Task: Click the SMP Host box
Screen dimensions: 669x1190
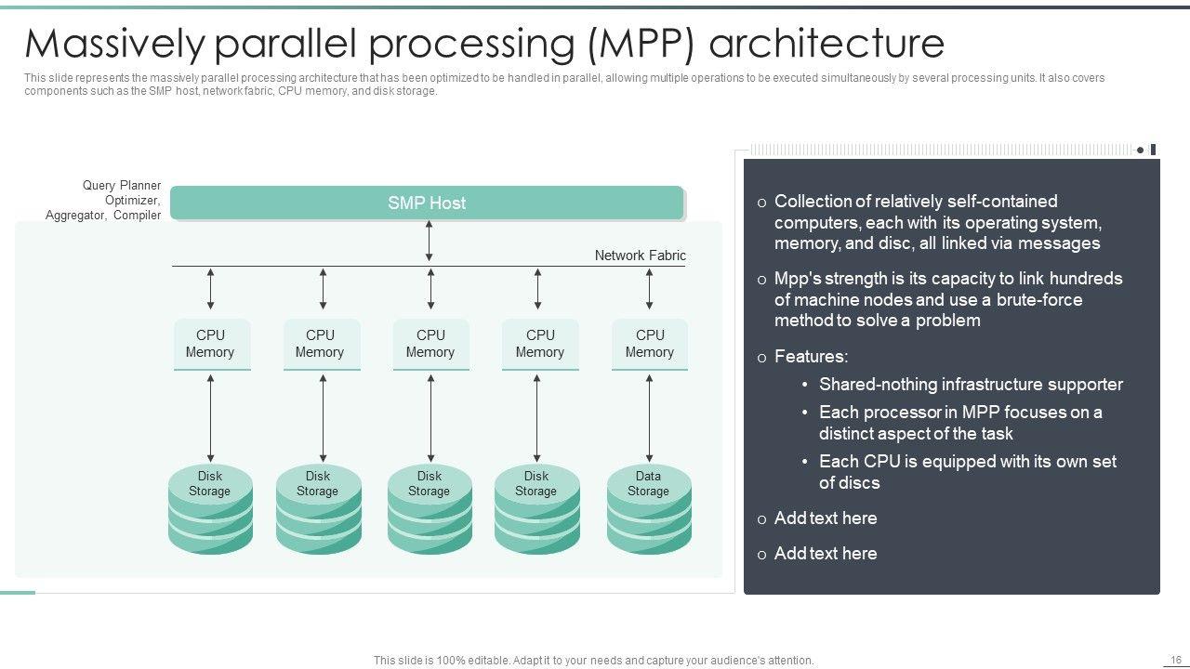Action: tap(427, 203)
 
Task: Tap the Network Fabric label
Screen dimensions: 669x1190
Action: tap(640, 256)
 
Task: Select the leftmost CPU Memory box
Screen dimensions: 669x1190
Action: tap(210, 344)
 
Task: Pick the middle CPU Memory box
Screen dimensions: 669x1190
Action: tap(430, 344)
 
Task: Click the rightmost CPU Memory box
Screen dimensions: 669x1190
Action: tap(650, 344)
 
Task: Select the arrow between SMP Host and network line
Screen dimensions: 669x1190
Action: tap(429, 242)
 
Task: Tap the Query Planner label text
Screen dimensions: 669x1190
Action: tap(122, 186)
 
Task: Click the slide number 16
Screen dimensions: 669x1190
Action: tap(1174, 659)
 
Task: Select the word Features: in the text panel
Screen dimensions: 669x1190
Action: tap(811, 357)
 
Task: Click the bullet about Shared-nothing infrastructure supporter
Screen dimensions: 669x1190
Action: tap(971, 385)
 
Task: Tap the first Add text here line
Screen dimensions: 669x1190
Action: tap(826, 518)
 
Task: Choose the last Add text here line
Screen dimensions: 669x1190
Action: tap(826, 554)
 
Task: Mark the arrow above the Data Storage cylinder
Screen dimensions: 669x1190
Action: tap(649, 417)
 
